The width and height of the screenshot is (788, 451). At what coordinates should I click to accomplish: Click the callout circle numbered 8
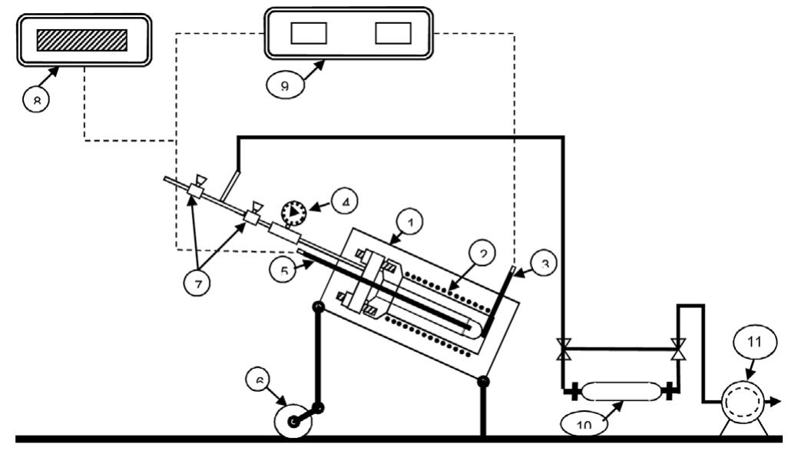36,98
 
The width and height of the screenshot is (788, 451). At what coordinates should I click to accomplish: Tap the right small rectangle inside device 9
392,33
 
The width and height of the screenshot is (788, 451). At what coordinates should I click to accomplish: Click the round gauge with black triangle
293,212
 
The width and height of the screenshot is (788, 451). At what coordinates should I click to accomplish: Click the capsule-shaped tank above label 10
621,391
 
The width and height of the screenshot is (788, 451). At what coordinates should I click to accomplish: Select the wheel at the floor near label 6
293,422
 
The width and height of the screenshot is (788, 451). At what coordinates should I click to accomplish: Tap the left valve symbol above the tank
565,349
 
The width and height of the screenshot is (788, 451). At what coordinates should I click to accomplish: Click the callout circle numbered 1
411,224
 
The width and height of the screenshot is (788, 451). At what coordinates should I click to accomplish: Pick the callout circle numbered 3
544,264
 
